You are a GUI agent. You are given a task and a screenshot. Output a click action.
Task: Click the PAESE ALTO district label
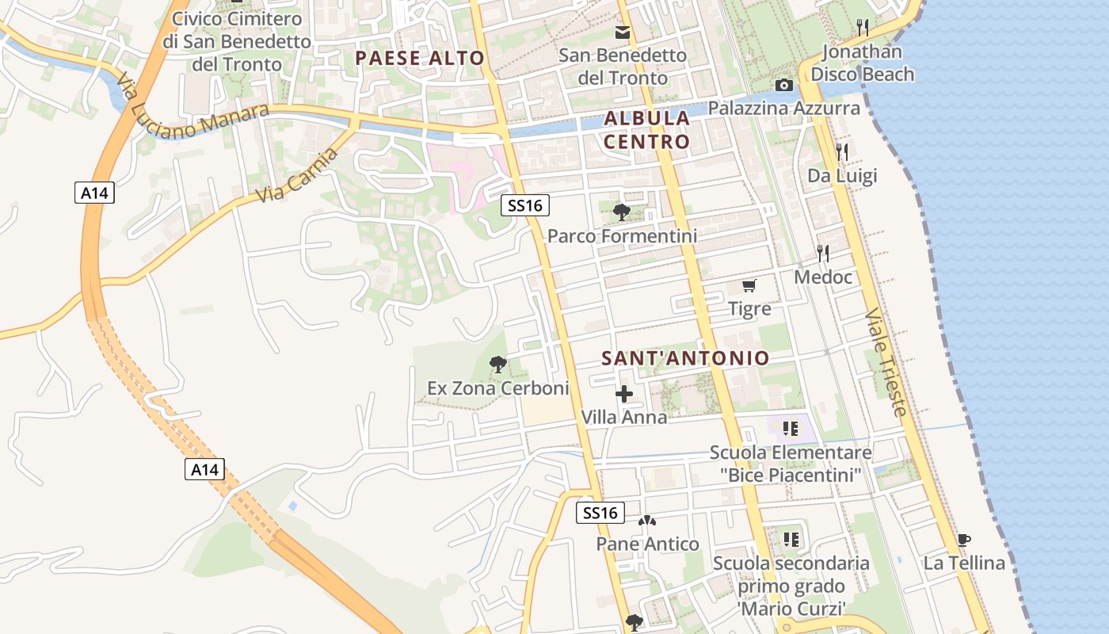[419, 58]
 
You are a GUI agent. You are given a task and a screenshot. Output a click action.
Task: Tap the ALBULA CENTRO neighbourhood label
[646, 130]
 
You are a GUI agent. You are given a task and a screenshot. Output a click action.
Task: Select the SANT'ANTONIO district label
[685, 358]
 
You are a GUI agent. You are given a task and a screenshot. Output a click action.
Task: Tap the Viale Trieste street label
[886, 361]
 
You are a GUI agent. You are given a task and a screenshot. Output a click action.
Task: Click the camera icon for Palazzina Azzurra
[784, 86]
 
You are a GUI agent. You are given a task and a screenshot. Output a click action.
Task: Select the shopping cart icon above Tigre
[749, 285]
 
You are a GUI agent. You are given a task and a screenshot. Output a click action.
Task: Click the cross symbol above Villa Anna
[624, 394]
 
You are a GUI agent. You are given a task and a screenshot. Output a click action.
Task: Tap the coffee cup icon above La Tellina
[963, 540]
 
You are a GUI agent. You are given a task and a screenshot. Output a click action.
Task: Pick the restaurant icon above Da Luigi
[842, 151]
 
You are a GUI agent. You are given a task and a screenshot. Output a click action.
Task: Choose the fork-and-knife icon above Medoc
[823, 254]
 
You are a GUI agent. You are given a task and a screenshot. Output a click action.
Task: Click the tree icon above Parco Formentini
[622, 212]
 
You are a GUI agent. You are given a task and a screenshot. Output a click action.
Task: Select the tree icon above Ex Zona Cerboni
[497, 365]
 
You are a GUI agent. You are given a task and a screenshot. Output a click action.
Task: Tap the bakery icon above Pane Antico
[647, 521]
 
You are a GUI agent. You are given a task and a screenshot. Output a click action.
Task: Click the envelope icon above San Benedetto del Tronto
[623, 32]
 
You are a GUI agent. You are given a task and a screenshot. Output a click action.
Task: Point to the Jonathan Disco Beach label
[863, 63]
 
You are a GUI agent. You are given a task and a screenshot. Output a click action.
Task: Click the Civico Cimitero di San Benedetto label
[237, 41]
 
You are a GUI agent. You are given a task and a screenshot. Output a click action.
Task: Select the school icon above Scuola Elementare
[790, 429]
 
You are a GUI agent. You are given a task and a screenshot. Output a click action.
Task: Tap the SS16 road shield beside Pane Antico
[600, 513]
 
